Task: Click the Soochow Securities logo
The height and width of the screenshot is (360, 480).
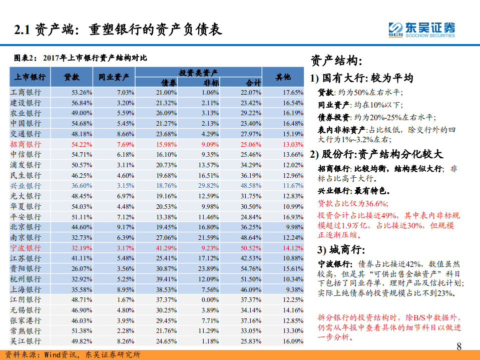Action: point(422,29)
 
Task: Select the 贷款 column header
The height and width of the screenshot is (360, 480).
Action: point(71,78)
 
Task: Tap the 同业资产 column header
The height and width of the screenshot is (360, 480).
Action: point(114,78)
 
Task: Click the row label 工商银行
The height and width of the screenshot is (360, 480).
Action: point(26,93)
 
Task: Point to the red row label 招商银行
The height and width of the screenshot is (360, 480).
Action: point(26,144)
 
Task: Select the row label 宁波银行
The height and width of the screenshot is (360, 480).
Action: point(26,248)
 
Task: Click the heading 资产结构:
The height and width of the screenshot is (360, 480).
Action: point(336,61)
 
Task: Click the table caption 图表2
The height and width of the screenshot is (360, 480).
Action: point(80,59)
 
